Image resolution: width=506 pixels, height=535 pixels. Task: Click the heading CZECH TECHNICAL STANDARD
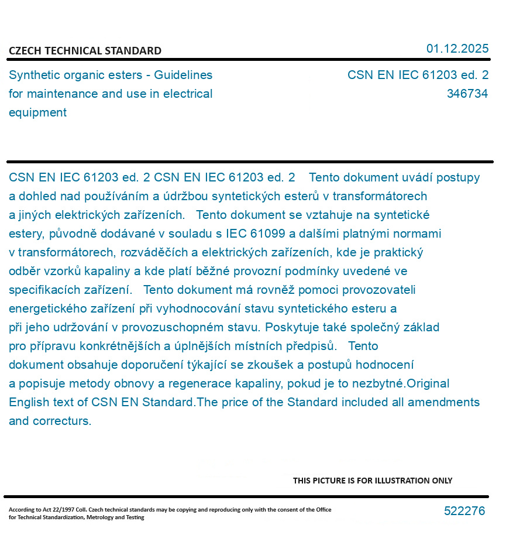tap(85, 51)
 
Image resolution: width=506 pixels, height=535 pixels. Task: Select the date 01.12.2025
tap(457, 49)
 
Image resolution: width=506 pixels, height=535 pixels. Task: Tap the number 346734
tap(467, 94)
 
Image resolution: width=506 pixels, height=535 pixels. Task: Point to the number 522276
tap(464, 511)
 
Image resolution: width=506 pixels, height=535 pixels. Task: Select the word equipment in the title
tap(37, 112)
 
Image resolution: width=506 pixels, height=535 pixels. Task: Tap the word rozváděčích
tap(154, 252)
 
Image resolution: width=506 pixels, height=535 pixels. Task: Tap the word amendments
tap(443, 402)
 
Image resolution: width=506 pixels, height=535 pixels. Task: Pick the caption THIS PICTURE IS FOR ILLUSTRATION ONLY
tap(373, 481)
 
